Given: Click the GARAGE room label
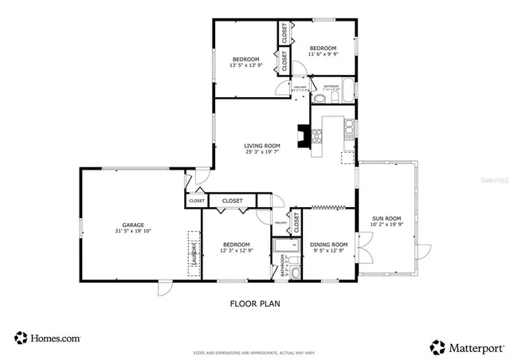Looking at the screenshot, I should click(x=132, y=225).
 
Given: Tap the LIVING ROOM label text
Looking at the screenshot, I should click(x=261, y=146).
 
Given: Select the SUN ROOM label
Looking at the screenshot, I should click(x=386, y=218).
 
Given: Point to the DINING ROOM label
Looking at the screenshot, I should click(x=328, y=245).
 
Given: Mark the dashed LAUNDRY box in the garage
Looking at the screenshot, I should click(x=193, y=254).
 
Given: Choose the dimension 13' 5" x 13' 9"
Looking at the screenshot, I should click(x=245, y=66).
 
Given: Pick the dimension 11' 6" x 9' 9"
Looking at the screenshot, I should click(x=323, y=55).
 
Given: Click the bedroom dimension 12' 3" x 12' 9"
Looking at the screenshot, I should click(x=236, y=251).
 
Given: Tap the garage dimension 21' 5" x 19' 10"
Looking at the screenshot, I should click(x=132, y=232).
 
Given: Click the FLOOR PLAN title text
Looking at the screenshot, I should click(x=255, y=303).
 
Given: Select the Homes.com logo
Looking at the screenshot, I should click(x=47, y=338).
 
